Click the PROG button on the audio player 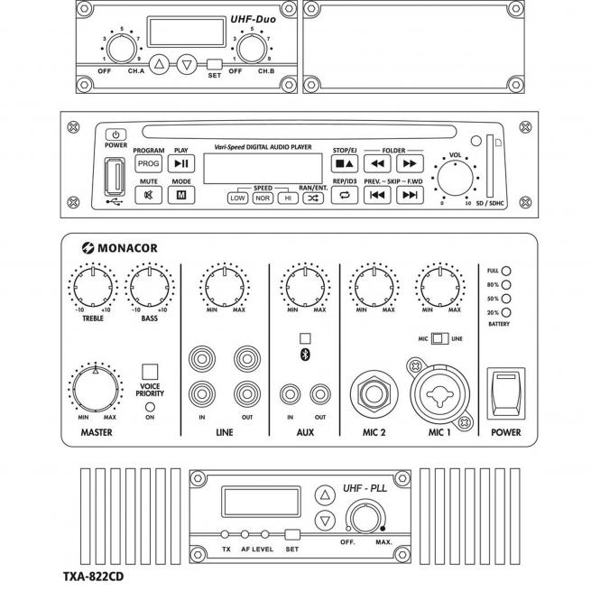tap(146, 163)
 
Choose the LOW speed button tap(237, 198)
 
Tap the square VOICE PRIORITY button tap(150, 371)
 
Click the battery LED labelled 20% tap(507, 311)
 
